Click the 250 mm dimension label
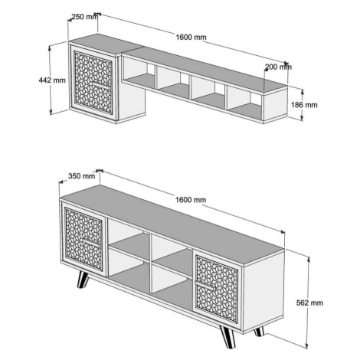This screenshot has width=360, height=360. [84, 17]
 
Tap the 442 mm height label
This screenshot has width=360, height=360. [52, 80]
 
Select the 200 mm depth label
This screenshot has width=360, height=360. [278, 67]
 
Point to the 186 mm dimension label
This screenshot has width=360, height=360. [304, 105]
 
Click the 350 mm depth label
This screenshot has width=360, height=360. [81, 176]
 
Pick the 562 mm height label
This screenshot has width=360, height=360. [309, 303]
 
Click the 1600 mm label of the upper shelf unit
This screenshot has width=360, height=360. [191, 38]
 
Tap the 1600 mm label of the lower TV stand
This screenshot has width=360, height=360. [191, 199]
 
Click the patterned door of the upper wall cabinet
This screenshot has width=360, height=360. [93, 82]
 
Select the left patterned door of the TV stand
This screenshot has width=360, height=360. [83, 239]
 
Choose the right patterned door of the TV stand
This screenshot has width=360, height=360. [217, 289]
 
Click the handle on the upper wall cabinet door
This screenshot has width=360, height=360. [100, 85]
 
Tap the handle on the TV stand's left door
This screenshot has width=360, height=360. [91, 242]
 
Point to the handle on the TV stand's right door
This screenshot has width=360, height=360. [205, 286]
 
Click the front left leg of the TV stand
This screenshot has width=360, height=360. [83, 280]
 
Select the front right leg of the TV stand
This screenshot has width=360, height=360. [228, 336]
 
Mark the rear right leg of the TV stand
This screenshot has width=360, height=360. [259, 332]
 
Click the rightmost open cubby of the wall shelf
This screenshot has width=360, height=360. [244, 103]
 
